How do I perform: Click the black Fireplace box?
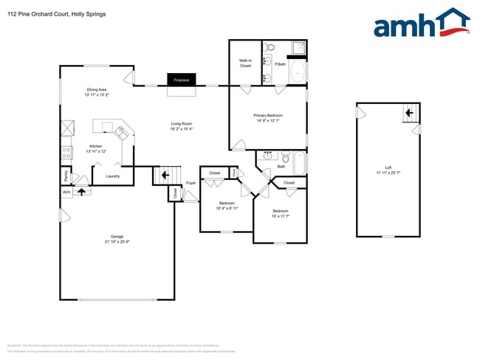[x=181, y=80]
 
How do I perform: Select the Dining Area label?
[x=97, y=90]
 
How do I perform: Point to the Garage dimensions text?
[x=117, y=242]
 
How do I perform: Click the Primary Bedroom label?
[x=269, y=116]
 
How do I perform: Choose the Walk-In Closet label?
[x=245, y=63]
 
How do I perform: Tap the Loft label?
[x=388, y=167]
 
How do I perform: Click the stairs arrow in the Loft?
[x=407, y=113]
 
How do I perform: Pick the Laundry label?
[x=113, y=176]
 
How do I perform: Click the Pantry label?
[x=66, y=176]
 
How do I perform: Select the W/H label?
[x=66, y=192]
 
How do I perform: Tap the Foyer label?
[x=191, y=182]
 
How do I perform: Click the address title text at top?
[x=56, y=13]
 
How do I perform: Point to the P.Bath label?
[x=281, y=64]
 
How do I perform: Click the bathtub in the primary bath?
[x=298, y=72]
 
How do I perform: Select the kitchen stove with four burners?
[x=66, y=153]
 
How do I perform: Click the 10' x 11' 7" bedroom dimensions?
[x=280, y=216]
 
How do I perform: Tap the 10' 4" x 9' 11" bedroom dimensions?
[x=227, y=208]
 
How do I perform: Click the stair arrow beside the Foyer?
[x=165, y=175]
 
